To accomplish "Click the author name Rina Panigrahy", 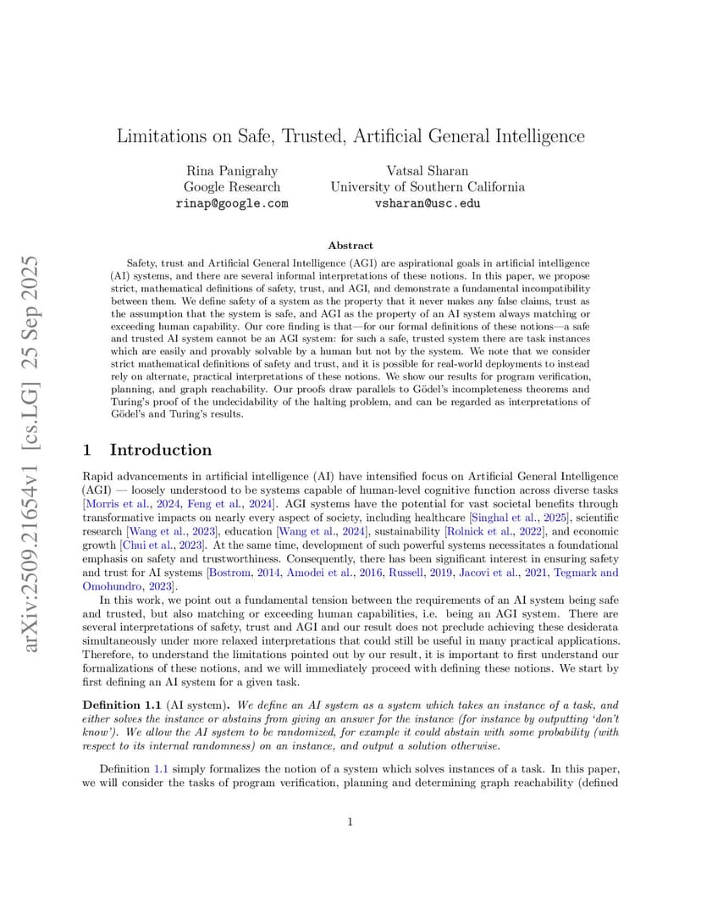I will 231,170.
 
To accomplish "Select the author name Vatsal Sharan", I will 428,170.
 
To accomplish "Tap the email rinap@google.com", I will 231,203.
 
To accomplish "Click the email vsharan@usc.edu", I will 428,203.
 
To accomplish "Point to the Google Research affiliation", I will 231,186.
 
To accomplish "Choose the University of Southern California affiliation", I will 428,186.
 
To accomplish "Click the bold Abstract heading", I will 350,245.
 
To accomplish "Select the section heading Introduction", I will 161,450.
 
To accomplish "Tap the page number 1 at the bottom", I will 350,820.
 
